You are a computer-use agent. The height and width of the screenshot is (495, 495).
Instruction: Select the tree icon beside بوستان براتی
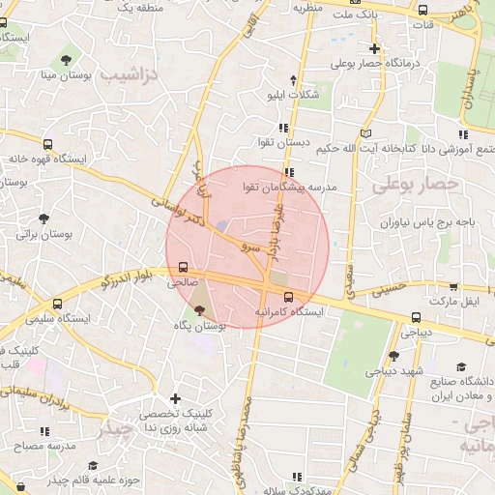(45, 218)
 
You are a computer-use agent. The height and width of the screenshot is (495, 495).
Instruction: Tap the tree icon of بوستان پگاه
(200, 311)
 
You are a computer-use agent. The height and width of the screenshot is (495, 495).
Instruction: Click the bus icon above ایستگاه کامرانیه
(289, 297)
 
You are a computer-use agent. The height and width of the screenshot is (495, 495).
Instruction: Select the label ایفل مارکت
(458, 303)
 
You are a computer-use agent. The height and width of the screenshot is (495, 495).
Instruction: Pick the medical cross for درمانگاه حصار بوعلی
(375, 48)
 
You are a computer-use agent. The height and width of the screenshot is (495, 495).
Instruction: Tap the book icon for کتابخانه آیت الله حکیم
(364, 132)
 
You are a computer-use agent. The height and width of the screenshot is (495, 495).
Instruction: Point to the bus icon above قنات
(423, 10)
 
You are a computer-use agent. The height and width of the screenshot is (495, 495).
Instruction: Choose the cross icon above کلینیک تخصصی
(174, 398)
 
